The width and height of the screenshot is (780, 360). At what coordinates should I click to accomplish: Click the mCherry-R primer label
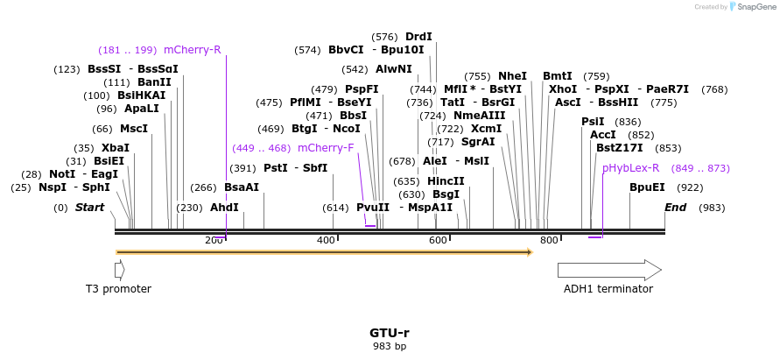coord(192,50)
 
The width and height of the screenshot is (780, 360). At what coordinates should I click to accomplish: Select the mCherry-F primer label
coord(326,148)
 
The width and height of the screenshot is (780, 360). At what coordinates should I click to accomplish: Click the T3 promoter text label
coord(118,289)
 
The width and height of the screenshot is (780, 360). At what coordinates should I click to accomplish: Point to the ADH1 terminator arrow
coord(609,270)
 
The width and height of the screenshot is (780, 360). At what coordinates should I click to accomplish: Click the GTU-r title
coord(390,333)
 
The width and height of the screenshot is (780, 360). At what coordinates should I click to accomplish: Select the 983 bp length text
coord(390,347)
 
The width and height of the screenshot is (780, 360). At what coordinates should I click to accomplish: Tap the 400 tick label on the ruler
coord(326,240)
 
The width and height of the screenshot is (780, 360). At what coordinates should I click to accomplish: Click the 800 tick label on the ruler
coord(549,240)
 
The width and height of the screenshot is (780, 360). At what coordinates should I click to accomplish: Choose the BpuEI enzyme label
coord(647,187)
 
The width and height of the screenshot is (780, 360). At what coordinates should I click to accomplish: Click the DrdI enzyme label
coord(418,37)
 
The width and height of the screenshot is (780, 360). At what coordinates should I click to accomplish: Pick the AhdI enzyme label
coord(224,208)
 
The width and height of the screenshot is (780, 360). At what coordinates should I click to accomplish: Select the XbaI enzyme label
coord(115,148)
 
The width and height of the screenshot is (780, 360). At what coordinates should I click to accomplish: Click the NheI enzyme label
coord(512,76)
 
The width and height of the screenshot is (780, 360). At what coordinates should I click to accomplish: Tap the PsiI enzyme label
coord(593,122)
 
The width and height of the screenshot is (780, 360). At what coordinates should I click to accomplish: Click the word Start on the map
coord(89,208)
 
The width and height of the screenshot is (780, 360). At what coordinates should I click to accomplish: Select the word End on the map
coord(675,208)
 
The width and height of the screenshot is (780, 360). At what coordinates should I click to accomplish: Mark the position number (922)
coord(690,187)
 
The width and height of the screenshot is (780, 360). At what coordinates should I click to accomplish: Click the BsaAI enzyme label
coord(242,187)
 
